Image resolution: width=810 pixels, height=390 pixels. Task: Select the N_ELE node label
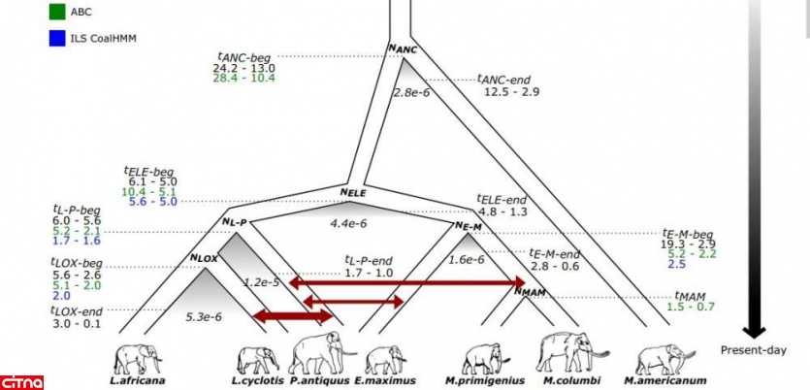[352, 192]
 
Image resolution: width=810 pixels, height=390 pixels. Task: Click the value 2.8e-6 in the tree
[411, 93]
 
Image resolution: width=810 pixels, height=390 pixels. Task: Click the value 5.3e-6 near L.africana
[203, 315]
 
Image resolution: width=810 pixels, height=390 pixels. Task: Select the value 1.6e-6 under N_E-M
[468, 260]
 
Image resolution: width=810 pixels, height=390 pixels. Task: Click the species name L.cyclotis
[255, 381]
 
